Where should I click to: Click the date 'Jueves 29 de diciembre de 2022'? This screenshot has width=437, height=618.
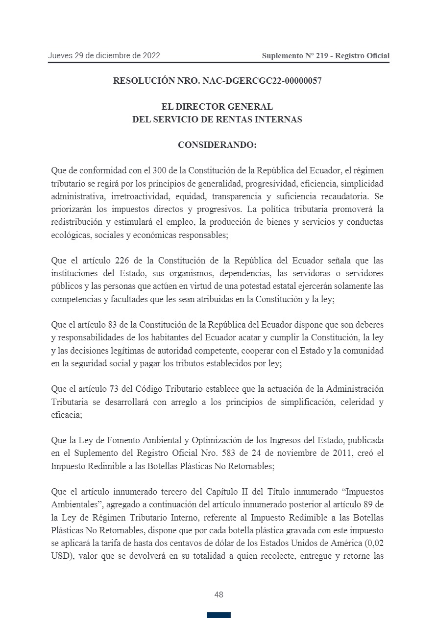104,56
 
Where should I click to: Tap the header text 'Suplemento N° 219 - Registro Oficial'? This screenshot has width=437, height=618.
325,56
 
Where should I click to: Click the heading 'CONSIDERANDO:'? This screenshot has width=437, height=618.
217,145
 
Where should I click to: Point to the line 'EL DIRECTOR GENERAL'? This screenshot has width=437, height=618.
217,107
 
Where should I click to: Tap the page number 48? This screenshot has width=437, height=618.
218,594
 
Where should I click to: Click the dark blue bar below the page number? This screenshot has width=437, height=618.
218,615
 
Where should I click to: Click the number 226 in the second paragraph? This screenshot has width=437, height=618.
122,260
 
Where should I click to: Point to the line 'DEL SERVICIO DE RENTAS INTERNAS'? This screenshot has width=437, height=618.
217,119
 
